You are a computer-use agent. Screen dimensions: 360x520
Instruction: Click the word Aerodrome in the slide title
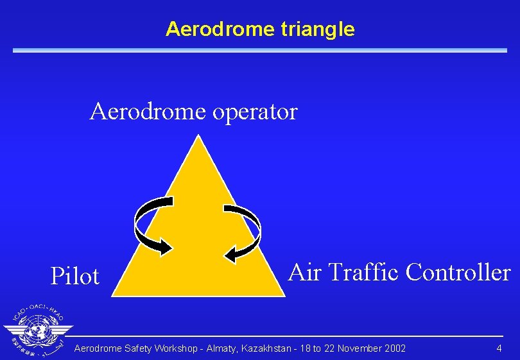220,29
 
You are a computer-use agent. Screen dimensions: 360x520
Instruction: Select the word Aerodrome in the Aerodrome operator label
148,112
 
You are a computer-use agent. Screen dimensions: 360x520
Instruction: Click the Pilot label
75,277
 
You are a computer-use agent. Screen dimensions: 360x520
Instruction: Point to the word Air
305,272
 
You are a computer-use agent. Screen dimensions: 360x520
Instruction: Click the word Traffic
363,272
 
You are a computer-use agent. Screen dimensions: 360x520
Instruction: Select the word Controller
458,272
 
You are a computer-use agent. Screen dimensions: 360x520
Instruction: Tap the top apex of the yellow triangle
199,136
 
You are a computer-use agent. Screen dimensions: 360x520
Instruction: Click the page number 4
499,348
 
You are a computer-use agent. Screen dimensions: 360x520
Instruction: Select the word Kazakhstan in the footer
265,348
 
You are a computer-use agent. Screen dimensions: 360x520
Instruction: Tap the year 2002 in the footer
394,348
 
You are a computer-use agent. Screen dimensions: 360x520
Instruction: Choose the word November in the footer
358,348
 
